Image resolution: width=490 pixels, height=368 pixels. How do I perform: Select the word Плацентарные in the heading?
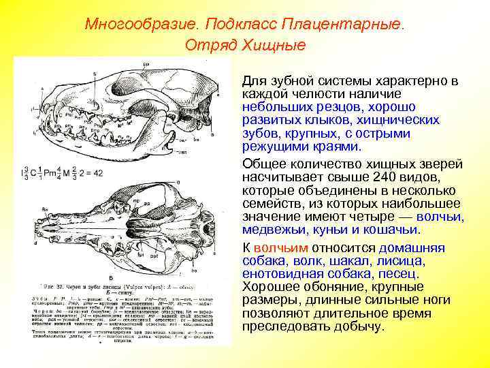click(x=354, y=25)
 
